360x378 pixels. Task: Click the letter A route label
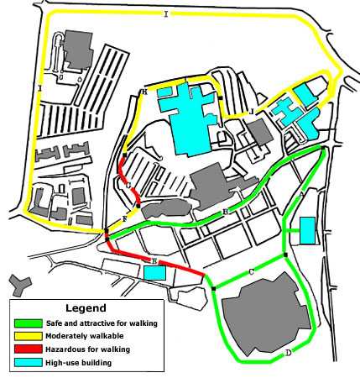[302, 194]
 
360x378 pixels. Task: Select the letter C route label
[251, 272]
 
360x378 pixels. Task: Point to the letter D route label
[288, 353]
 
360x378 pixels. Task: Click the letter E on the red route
[154, 261]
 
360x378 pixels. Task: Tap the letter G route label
[128, 185]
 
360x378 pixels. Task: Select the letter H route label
[144, 92]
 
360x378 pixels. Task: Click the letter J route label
[251, 110]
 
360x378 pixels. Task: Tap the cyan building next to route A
[307, 229]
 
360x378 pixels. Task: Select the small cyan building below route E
[154, 272]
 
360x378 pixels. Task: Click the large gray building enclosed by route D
[263, 316]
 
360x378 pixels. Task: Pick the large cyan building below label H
[190, 116]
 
